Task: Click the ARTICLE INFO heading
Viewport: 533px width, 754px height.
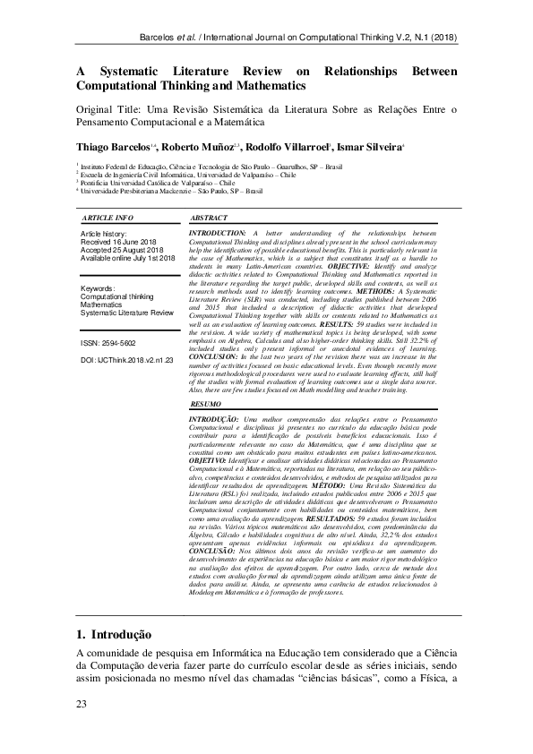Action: (107, 218)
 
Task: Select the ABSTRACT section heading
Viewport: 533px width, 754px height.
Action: (209, 218)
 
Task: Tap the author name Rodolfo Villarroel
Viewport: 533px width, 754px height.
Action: (289, 147)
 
